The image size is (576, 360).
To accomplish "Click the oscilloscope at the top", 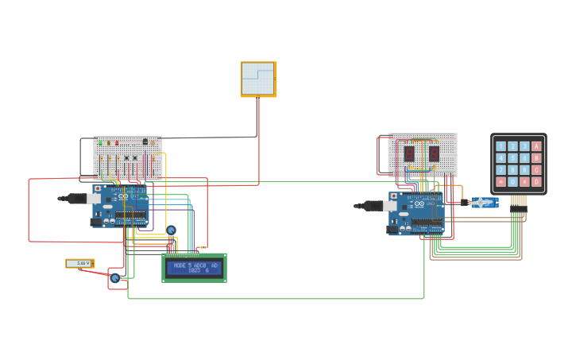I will (x=258, y=79).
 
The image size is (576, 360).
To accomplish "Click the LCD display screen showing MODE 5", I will (x=195, y=268).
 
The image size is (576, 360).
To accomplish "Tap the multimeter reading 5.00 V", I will (x=79, y=263).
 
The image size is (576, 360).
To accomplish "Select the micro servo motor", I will (x=482, y=203).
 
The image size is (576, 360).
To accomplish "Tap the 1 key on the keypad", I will (x=501, y=146).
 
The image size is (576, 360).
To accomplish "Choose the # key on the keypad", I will (x=525, y=182).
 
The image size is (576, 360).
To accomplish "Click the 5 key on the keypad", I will (x=513, y=158).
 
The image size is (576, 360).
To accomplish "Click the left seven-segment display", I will (x=409, y=153).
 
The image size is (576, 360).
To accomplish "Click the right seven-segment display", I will (x=434, y=153).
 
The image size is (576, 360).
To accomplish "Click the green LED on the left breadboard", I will (x=100, y=143).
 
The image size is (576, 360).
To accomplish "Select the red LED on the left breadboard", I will (x=117, y=143).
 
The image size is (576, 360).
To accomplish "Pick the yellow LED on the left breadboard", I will (x=108, y=143).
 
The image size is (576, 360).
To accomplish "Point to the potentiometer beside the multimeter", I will (x=114, y=278).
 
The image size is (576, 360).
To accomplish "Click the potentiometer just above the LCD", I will (x=171, y=230).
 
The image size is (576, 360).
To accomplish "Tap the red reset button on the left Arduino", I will (x=98, y=189).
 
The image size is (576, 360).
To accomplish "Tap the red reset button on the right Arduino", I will (x=394, y=195).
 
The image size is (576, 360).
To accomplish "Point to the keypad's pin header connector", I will (x=518, y=202).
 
